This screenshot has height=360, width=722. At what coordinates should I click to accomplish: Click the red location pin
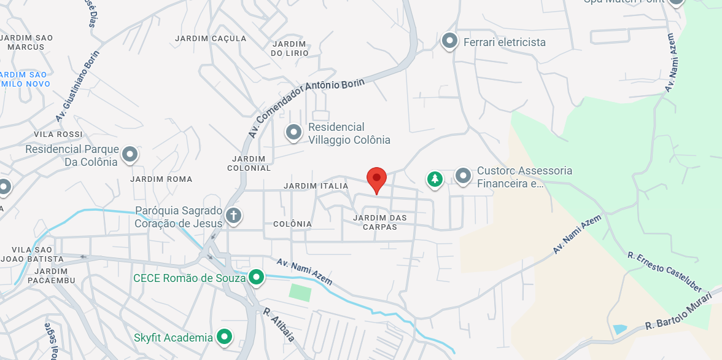coord(376,179)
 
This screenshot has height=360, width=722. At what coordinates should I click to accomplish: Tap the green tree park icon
coord(435,179)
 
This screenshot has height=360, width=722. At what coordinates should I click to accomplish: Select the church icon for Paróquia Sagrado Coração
coord(233,216)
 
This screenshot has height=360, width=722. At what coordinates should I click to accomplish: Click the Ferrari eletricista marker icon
coord(450,41)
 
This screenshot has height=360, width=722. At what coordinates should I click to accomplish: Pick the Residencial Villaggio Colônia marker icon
coord(294,132)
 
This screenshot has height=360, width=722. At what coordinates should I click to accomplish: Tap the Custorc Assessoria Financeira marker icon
coord(463,176)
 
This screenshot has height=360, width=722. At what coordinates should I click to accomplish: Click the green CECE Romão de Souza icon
coord(255,278)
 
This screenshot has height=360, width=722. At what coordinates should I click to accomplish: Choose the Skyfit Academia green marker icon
coord(225,337)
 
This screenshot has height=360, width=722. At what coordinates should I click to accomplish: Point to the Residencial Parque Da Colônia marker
coord(130,154)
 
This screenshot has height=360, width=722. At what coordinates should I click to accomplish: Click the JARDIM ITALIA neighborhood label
coord(316,186)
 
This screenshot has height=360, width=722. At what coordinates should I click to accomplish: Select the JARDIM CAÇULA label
coord(211,38)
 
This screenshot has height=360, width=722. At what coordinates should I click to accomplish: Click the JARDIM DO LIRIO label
coord(289,49)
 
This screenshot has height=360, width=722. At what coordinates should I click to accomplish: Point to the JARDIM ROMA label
coord(161,179)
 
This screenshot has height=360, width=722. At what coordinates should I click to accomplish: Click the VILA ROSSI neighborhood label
coord(58,135)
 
